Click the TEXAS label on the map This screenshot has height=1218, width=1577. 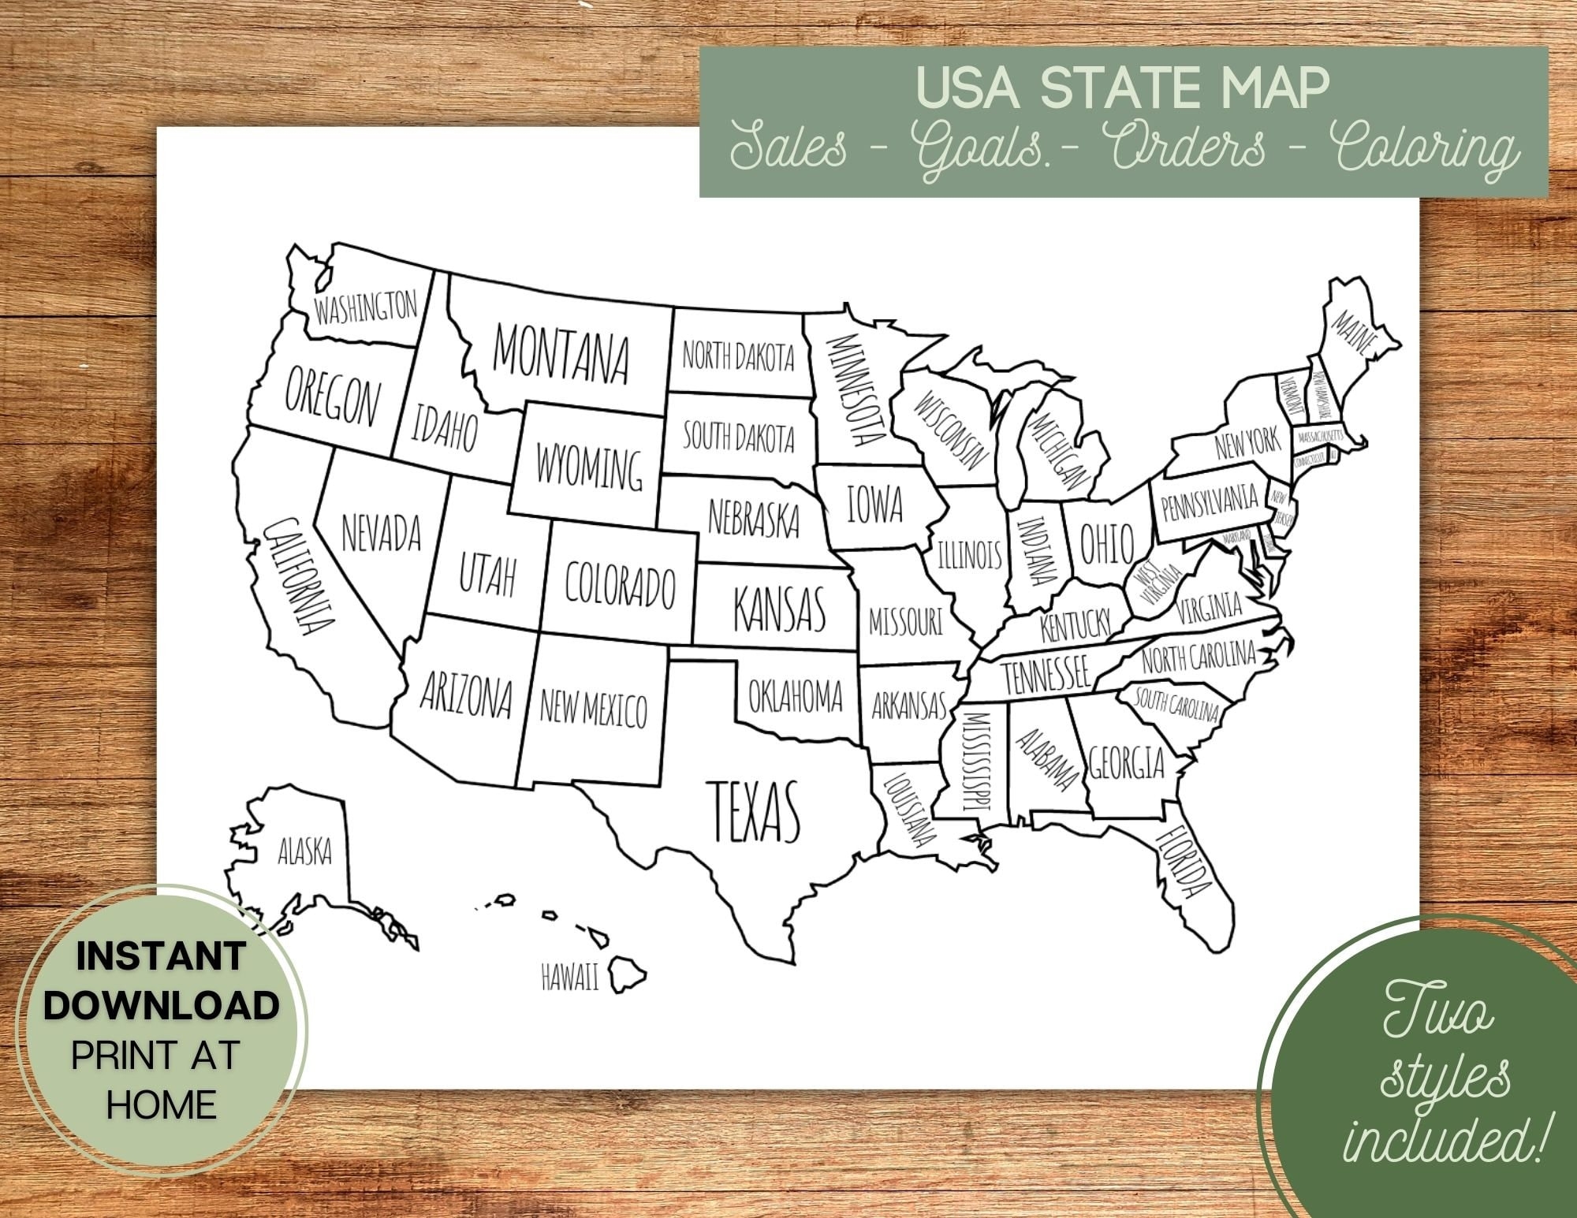755,811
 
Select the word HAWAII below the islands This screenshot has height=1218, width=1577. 569,978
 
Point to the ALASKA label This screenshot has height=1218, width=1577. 305,851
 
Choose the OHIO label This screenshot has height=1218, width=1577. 1105,543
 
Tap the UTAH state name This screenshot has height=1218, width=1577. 487,575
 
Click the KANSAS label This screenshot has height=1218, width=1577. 779,608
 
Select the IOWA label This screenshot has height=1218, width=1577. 874,504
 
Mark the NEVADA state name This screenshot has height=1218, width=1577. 381,533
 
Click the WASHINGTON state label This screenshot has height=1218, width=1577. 365,307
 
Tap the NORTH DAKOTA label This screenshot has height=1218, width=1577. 738,357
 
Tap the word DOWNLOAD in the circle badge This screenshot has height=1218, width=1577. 161,1005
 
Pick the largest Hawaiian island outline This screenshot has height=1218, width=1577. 629,974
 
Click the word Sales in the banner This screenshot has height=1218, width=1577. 788,147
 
